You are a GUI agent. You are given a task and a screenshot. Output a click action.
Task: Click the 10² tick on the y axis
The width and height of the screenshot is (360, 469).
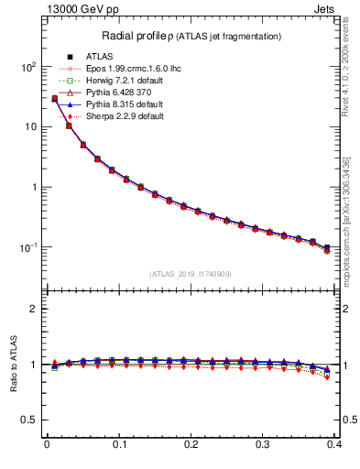27,67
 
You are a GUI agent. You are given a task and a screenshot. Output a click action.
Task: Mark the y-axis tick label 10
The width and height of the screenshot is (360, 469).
29,127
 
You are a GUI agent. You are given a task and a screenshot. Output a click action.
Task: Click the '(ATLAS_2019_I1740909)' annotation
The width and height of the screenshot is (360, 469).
191,274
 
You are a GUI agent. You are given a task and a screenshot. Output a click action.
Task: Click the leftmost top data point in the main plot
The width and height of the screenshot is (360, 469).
54,98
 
